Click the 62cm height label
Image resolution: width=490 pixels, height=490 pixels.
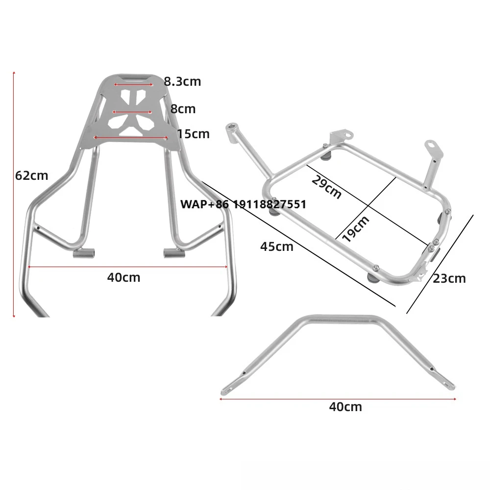coord(32,175)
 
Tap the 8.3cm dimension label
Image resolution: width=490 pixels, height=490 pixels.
coord(182,81)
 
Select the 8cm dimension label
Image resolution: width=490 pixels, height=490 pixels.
coord(183,108)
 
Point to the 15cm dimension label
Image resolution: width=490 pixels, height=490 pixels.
coord(193,134)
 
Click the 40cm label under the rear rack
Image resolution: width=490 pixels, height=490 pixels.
coord(123,277)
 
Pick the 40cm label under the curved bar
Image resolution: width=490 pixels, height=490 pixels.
coord(345,406)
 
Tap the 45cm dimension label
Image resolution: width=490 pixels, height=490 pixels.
coord(276,246)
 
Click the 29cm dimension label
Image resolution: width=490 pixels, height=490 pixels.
coord(326,188)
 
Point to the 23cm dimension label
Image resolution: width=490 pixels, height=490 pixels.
coord(449,278)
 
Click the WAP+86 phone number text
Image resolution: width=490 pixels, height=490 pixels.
coord(243,204)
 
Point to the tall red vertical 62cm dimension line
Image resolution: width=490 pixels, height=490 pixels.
coord(14,194)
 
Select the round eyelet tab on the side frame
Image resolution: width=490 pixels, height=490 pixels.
coord(431,145)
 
